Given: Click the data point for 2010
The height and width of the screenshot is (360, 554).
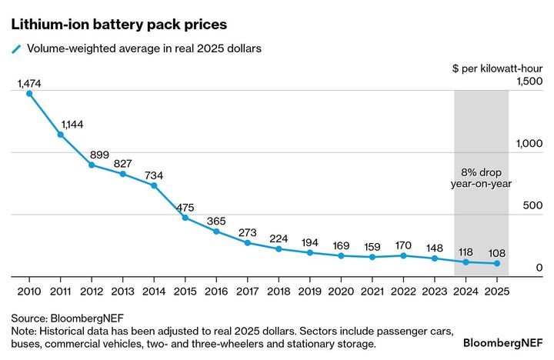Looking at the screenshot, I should coord(29,94).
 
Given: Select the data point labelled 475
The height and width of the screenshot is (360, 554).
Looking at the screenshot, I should coord(185,218).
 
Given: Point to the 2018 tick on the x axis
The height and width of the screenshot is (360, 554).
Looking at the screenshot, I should coord(279,292).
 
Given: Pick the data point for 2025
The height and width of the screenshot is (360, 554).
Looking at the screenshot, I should coord(497,264).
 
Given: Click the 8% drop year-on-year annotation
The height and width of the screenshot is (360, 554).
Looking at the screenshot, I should coord(481,178).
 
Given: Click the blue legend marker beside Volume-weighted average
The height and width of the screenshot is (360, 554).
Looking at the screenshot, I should coord(15,48).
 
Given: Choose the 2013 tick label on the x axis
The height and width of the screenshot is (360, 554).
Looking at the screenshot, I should coord(122,292).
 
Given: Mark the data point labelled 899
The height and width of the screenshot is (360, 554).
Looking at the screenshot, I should coord(92,165).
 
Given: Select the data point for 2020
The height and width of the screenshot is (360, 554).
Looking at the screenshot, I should coord(342,255).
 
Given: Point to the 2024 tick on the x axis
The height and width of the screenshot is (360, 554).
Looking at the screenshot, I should coord(466,292).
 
